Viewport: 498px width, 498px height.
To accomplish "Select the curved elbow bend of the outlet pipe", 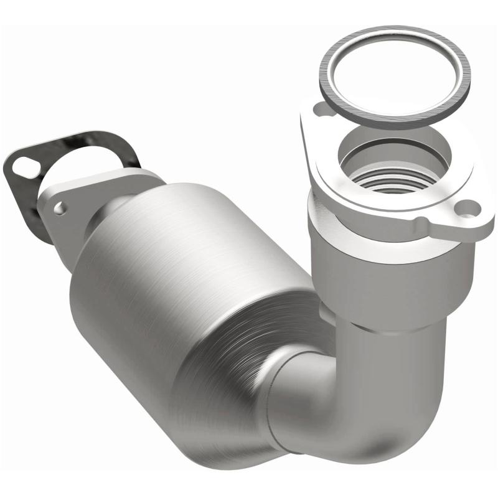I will (349, 411).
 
